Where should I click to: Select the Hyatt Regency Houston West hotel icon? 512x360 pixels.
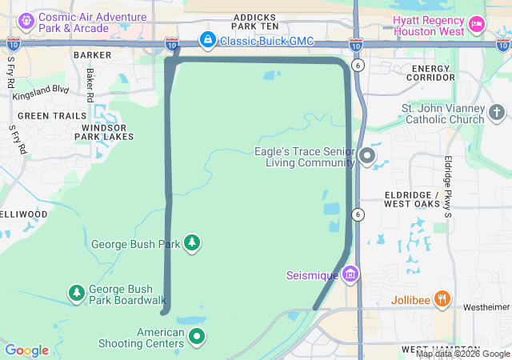pyautogui.click(x=477, y=24)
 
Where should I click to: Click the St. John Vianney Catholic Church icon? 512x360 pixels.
pyautogui.click(x=497, y=112)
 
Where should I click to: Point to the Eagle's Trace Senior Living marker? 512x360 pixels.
pyautogui.click(x=367, y=155)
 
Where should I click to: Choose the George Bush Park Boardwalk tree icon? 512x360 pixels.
pyautogui.click(x=76, y=293)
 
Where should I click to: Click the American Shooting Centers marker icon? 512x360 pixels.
pyautogui.click(x=196, y=338)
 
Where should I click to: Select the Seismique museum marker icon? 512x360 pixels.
pyautogui.click(x=350, y=275)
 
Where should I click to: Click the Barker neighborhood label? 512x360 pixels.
pyautogui.click(x=92, y=56)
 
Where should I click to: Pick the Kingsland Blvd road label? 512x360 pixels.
pyautogui.click(x=41, y=90)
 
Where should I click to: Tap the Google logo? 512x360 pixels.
pyautogui.click(x=26, y=350)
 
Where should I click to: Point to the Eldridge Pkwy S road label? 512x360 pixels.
pyautogui.click(x=448, y=186)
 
